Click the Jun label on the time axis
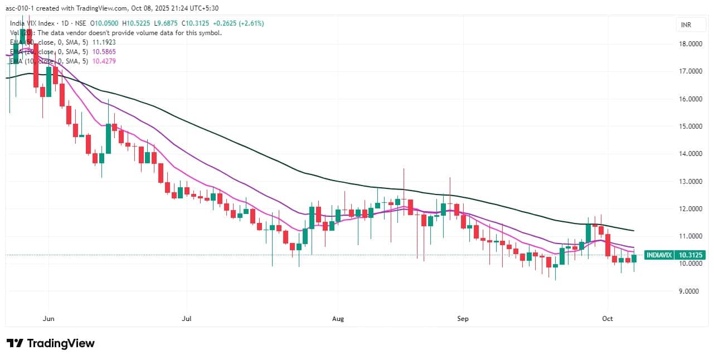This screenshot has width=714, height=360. (x=48, y=319)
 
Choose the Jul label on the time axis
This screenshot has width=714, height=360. (x=187, y=319)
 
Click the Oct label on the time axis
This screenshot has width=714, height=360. (x=608, y=319)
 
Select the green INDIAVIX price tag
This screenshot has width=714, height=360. (x=659, y=255)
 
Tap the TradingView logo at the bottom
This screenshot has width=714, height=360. (x=50, y=343)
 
